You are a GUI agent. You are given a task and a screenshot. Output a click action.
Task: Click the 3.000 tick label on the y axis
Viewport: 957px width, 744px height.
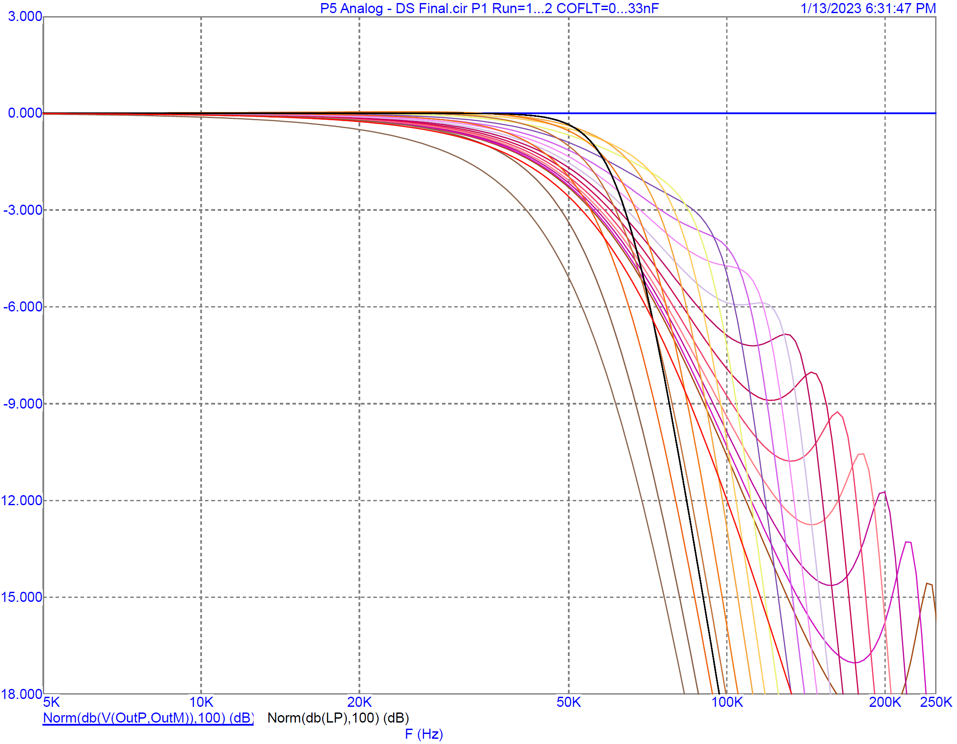(x=25, y=17)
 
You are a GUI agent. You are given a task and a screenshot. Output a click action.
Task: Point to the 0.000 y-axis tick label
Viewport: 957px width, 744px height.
(x=25, y=113)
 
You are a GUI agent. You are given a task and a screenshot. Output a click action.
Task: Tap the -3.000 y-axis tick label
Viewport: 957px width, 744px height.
(x=23, y=210)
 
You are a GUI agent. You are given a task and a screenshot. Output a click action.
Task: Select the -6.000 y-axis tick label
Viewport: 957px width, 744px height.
(x=23, y=307)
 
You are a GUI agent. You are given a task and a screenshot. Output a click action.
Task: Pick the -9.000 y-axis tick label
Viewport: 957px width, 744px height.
(x=23, y=403)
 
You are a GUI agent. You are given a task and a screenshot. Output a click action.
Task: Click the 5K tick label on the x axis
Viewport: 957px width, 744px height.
(x=51, y=702)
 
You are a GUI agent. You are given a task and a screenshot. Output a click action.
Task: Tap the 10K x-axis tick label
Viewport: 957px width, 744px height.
(x=201, y=702)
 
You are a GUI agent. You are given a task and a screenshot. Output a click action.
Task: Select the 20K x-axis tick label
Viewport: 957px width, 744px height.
(x=359, y=702)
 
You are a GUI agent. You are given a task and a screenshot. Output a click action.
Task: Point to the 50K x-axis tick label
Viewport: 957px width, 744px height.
(x=568, y=702)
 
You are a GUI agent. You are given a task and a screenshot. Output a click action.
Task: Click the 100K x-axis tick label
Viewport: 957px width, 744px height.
(x=727, y=702)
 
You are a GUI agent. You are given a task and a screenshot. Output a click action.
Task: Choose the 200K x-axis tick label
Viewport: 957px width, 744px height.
(x=885, y=702)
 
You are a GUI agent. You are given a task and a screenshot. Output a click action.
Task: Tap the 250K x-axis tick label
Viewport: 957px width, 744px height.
(x=936, y=702)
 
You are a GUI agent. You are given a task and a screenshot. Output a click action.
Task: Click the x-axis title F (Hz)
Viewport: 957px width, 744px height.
(x=424, y=734)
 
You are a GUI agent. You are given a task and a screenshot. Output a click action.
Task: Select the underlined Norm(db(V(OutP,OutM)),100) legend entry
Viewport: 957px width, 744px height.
(x=148, y=718)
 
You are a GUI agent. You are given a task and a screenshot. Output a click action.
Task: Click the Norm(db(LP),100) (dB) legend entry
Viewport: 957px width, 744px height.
(x=338, y=718)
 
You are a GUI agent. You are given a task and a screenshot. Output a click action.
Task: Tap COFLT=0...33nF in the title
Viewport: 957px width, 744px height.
(x=607, y=8)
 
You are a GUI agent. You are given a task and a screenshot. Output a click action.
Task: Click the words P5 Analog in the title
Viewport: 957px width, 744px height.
(x=351, y=8)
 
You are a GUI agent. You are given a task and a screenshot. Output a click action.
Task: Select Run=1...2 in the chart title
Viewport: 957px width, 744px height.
(x=522, y=8)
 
